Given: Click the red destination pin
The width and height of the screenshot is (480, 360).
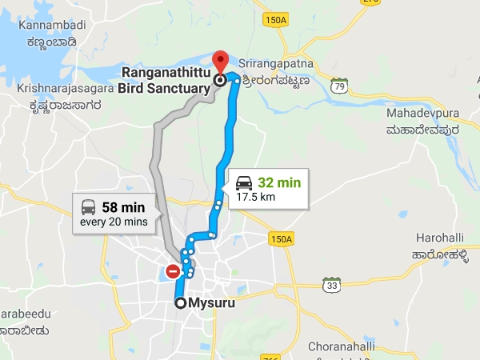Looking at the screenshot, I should (221, 61).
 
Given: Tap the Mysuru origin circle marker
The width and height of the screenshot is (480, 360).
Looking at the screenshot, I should (181, 303).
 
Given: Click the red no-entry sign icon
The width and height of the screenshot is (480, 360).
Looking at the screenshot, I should (173, 271).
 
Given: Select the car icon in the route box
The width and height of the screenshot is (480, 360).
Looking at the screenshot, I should (243, 182).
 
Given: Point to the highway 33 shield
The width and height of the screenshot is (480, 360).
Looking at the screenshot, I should (330, 285).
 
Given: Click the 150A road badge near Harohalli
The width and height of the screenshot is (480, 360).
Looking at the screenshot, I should (282, 238).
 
